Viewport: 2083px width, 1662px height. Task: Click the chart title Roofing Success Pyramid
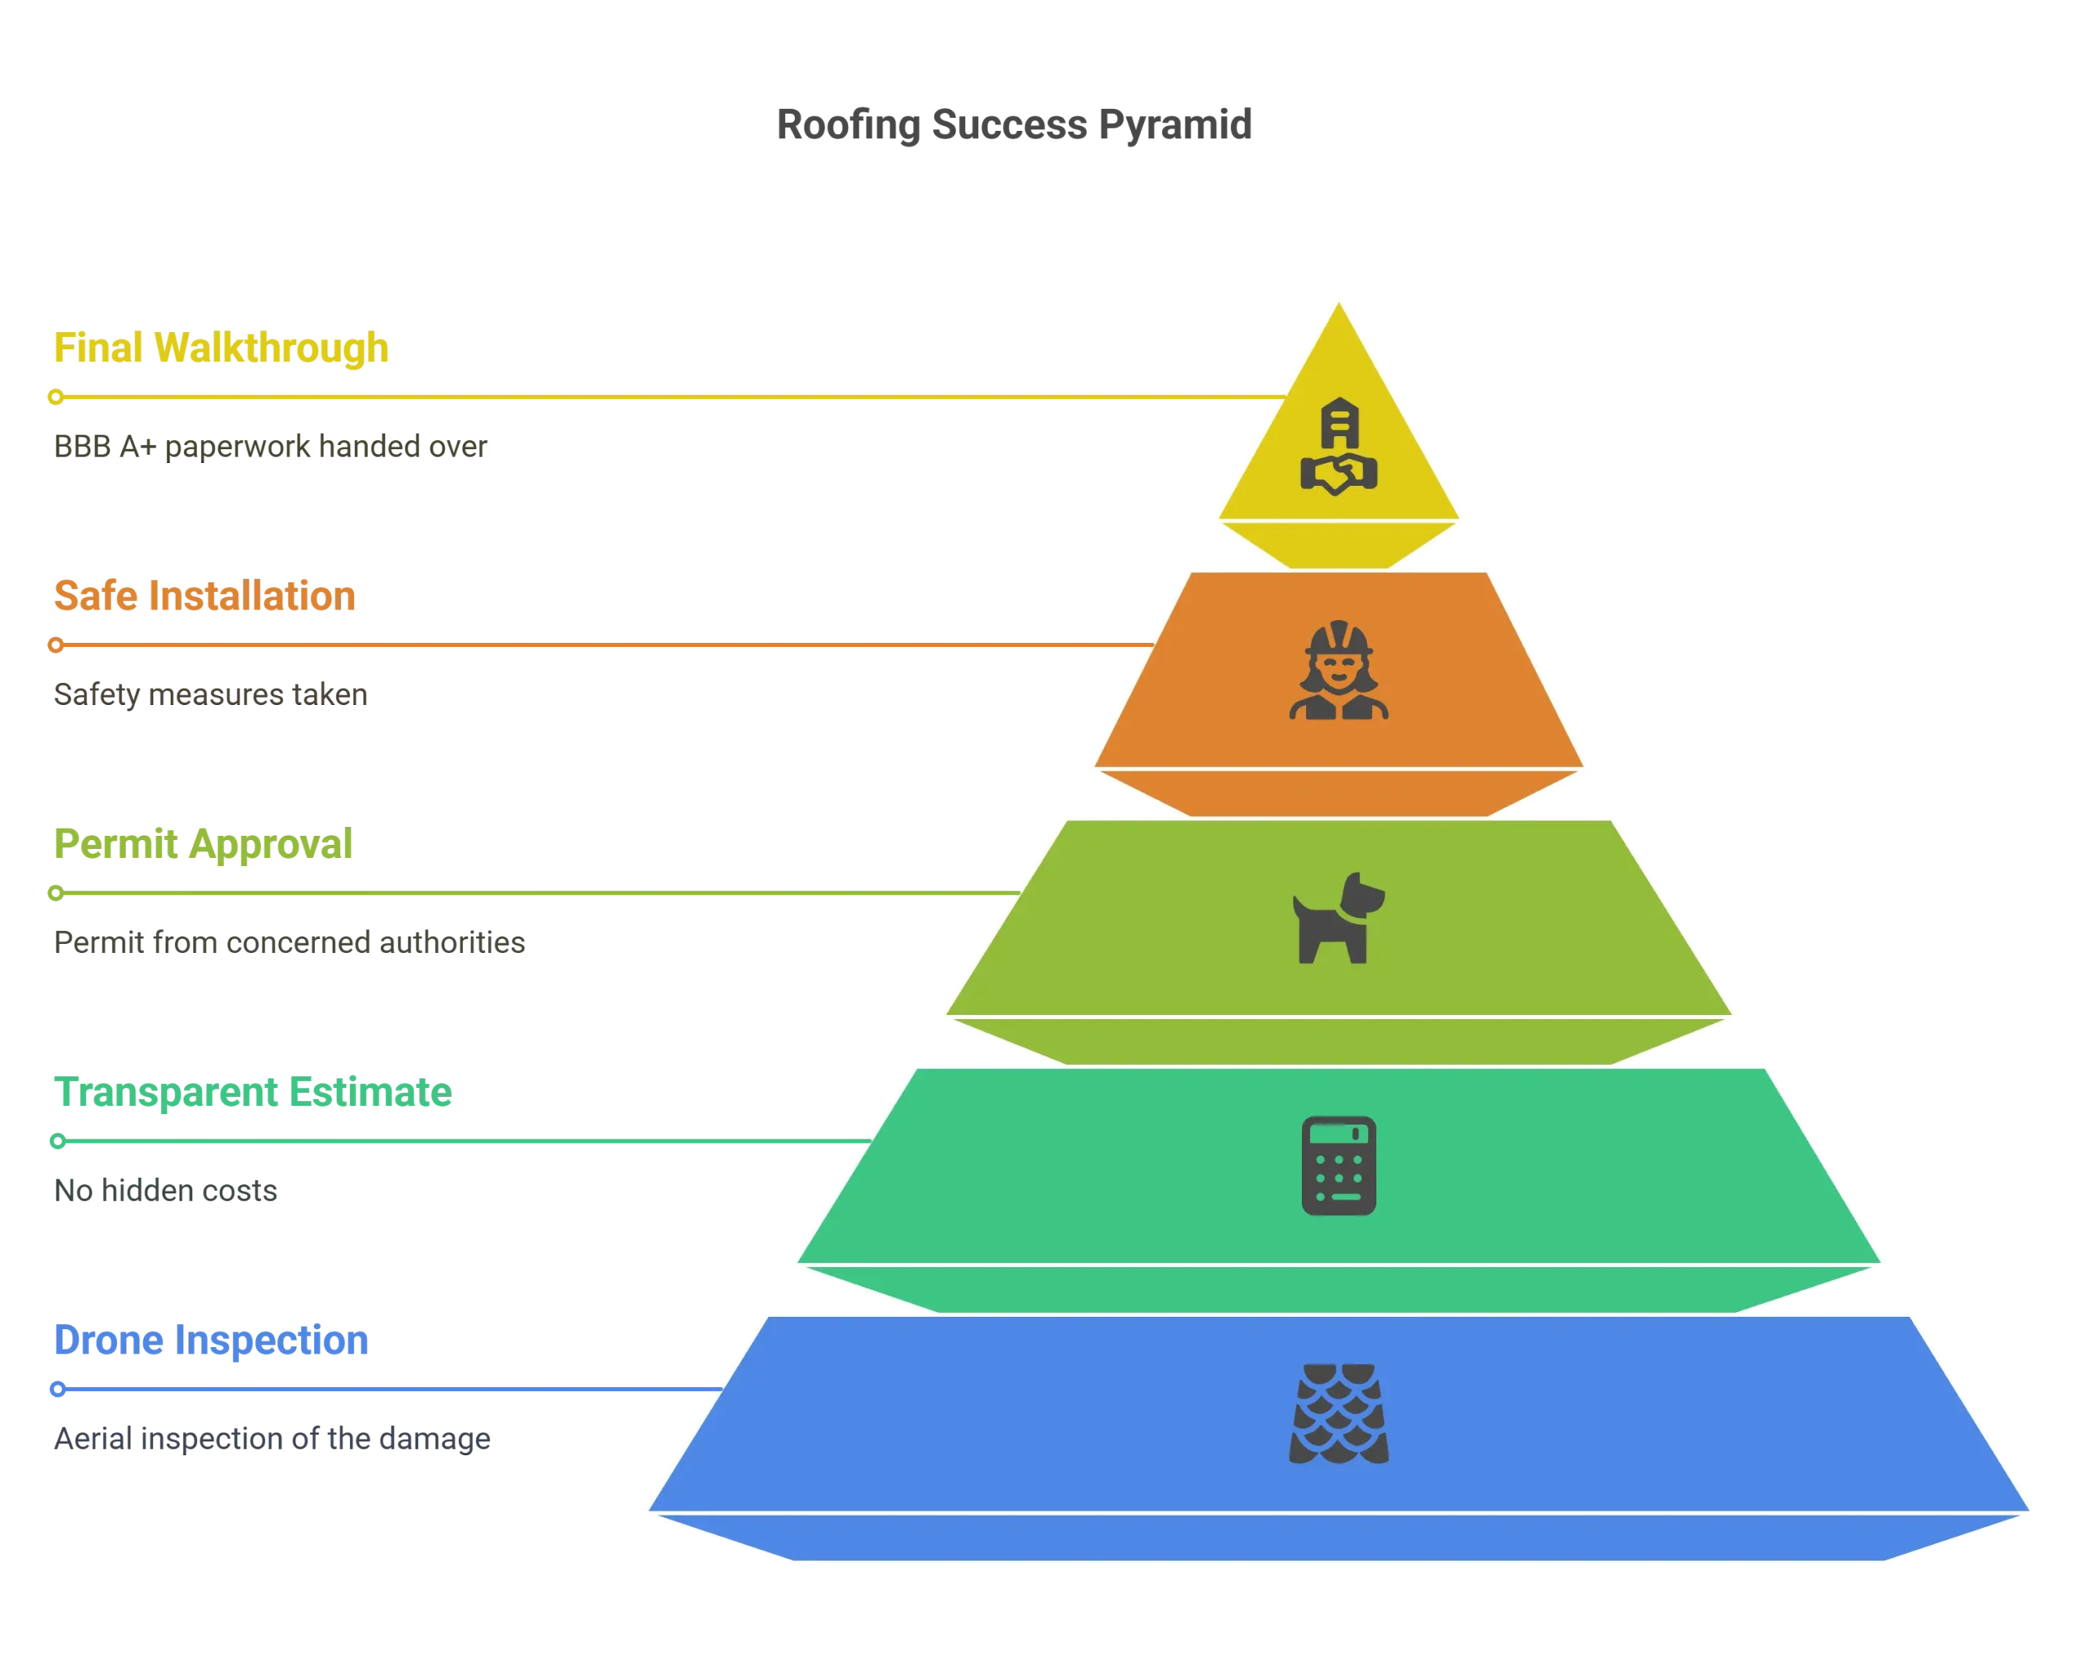(1014, 125)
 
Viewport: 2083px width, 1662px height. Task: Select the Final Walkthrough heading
(221, 348)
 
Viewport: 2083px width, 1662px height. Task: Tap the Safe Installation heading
(205, 595)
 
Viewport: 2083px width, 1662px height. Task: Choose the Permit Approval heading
(203, 843)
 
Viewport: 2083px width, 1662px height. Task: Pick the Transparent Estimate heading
(253, 1092)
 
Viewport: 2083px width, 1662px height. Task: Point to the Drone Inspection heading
(212, 1341)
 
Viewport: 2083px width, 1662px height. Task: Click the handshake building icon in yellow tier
(1339, 446)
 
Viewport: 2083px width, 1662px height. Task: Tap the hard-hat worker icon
(1339, 670)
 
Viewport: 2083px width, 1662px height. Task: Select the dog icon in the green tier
(1339, 918)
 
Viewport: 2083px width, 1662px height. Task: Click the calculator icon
(1339, 1166)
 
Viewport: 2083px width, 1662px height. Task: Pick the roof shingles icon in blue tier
(1339, 1414)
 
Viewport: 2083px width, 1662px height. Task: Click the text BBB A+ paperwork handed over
(270, 446)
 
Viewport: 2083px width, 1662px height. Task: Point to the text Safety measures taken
(211, 695)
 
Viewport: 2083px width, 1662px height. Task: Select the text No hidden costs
(165, 1191)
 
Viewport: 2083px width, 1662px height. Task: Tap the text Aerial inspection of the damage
(273, 1439)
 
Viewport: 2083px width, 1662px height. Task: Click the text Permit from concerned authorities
(290, 943)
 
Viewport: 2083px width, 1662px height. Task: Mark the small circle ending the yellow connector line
(56, 397)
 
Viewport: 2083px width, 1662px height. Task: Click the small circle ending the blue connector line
(58, 1389)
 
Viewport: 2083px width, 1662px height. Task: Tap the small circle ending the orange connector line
(56, 645)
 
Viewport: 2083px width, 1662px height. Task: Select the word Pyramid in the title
(1175, 125)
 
